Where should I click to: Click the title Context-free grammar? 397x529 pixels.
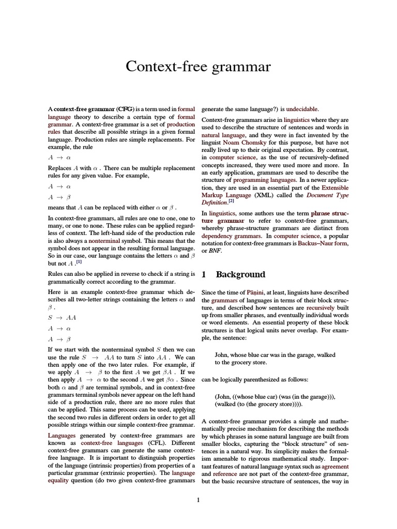(198, 67)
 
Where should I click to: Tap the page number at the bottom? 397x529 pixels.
(198, 500)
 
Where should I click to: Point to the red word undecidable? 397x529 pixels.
(302, 109)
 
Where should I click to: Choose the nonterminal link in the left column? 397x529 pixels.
(104, 241)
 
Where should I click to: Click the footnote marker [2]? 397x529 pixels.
(232, 201)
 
